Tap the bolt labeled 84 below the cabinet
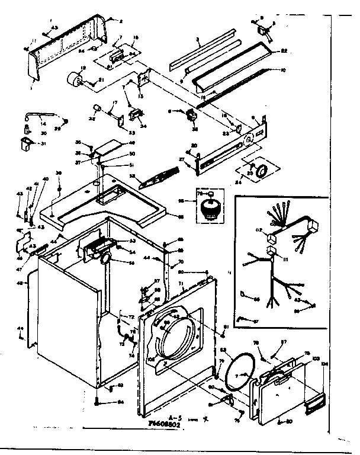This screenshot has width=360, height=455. coord(97,401)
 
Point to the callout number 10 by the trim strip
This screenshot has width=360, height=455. coord(282,71)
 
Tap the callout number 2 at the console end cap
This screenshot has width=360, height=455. coord(120,21)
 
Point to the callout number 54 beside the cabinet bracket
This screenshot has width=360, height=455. coord(127,252)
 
